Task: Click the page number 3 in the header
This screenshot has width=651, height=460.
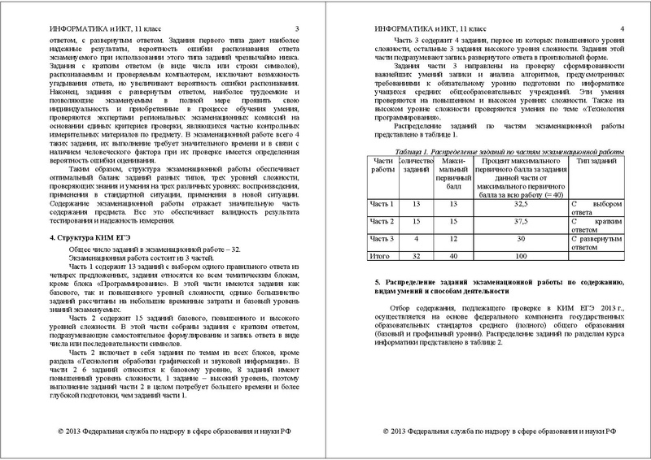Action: (x=297, y=28)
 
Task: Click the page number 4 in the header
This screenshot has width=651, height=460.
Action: (x=622, y=28)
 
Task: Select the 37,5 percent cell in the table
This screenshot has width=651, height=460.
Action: (x=513, y=221)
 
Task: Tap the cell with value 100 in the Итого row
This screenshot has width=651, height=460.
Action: (x=513, y=256)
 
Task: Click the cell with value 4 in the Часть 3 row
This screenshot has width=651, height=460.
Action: (x=417, y=238)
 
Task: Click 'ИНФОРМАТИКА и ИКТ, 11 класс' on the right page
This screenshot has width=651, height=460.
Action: (x=422, y=28)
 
